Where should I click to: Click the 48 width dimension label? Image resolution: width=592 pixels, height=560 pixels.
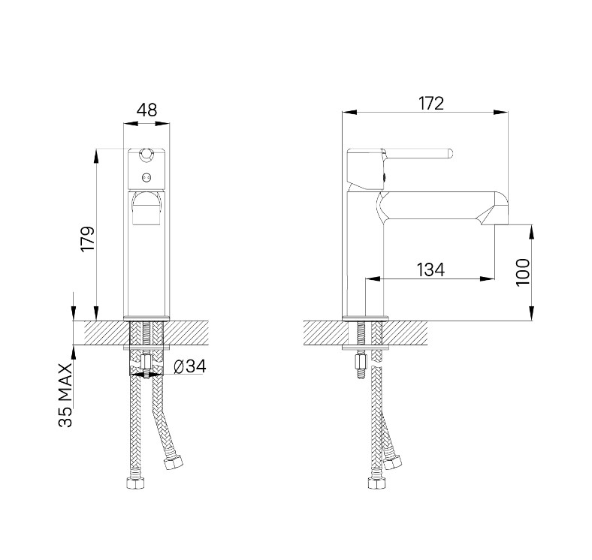click(x=146, y=110)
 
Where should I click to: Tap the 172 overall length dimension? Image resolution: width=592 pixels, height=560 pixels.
click(x=431, y=104)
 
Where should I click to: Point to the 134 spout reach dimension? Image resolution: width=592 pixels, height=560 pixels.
click(x=430, y=269)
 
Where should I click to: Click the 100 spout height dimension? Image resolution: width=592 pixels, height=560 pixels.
click(x=523, y=272)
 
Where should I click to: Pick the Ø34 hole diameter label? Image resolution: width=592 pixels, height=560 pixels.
click(x=190, y=366)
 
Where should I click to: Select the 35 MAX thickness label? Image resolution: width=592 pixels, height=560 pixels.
click(x=65, y=395)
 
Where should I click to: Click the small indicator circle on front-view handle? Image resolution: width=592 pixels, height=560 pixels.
click(x=146, y=176)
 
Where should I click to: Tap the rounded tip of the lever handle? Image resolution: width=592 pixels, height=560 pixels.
click(x=450, y=153)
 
